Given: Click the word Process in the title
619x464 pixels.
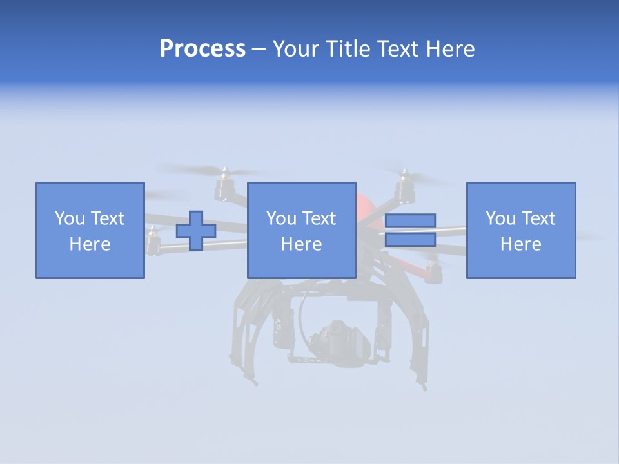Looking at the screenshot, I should click(202, 49).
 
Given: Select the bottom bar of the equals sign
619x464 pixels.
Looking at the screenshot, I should click(410, 240).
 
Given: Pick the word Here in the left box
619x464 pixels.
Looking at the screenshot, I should click(90, 244).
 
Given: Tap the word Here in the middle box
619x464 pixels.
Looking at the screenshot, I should click(301, 244).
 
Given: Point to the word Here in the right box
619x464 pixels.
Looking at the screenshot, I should click(520, 244).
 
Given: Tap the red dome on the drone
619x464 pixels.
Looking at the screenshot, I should click(365, 203).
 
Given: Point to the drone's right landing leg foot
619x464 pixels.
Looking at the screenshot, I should click(424, 387).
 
